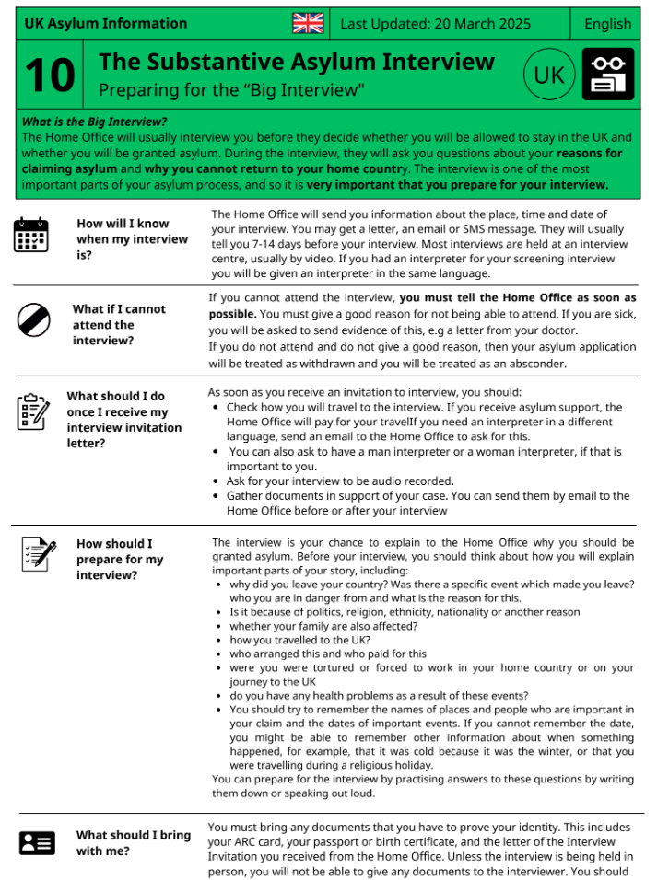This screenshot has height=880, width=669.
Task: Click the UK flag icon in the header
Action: coord(308,24)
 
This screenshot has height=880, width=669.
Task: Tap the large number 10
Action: coord(50,75)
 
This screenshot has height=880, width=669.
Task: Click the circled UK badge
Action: coord(549,75)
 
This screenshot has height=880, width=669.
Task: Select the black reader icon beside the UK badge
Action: coord(608,75)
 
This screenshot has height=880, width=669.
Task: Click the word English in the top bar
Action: coord(608,24)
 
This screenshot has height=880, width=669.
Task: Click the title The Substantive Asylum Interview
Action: coord(296,62)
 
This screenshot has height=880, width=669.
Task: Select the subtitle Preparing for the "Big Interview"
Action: coord(231,89)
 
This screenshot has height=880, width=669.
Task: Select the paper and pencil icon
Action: coord(38,554)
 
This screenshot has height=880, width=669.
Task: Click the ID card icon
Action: coord(37,842)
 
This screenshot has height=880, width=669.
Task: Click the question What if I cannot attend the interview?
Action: coord(119,324)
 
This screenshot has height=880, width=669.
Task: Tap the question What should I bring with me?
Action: coord(133,842)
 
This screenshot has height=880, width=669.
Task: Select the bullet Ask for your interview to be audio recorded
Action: coord(340,481)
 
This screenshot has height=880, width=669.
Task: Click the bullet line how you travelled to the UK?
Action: coord(299,640)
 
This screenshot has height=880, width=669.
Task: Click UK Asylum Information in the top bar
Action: coord(105,24)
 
